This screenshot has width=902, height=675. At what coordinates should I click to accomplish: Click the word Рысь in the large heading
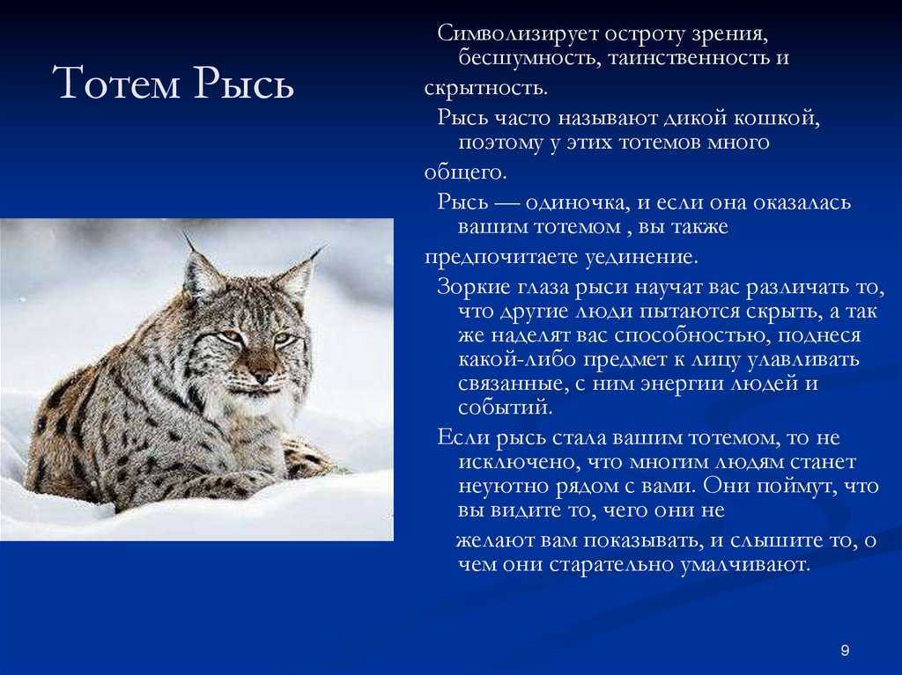(x=245, y=82)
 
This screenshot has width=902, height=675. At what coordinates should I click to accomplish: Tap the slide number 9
(x=845, y=650)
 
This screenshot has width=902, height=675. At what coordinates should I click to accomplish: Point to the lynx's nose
(x=262, y=375)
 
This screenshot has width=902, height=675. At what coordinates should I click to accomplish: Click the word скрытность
(x=486, y=88)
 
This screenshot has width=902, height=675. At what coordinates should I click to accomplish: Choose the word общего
(x=465, y=172)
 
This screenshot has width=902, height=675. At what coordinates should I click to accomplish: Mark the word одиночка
(x=580, y=202)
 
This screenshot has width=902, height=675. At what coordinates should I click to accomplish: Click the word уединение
(x=642, y=256)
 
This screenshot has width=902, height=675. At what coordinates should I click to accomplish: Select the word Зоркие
(x=473, y=286)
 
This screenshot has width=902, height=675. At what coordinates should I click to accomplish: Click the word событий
(x=506, y=407)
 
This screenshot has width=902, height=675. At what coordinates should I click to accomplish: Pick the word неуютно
(x=504, y=487)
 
